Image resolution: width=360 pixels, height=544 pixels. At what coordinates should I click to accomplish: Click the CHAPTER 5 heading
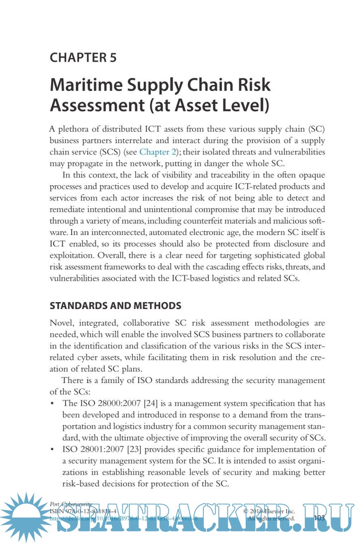[x=83, y=57]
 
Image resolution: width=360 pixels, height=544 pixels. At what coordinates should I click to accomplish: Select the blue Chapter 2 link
[x=159, y=152]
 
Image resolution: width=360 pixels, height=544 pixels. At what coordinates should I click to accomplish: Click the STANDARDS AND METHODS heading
[x=115, y=305]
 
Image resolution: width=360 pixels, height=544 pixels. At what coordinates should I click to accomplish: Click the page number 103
[x=319, y=518]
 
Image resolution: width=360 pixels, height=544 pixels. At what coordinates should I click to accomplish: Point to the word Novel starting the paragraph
[x=61, y=323]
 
